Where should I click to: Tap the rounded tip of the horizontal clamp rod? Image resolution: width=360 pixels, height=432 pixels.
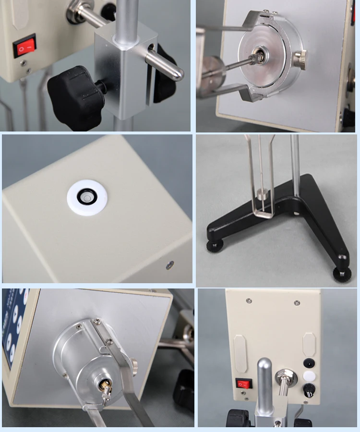178,74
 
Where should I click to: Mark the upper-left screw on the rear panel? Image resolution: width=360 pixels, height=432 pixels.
249,301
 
